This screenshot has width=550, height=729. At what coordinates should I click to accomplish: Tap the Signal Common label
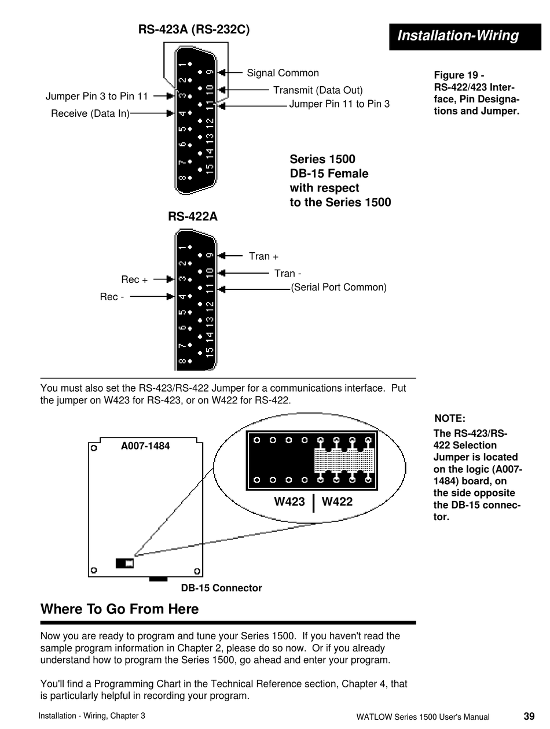pos(283,73)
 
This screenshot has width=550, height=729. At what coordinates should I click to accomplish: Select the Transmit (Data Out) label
pos(318,90)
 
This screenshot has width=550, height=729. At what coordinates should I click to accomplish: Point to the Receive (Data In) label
pos(90,113)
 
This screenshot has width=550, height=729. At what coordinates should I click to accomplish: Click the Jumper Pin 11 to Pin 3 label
pos(339,104)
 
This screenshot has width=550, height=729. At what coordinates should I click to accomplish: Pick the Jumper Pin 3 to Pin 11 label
pos(97,96)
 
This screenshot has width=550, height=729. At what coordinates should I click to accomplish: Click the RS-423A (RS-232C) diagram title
pos(194,30)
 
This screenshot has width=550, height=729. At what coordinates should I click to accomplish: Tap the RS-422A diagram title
pos(193,216)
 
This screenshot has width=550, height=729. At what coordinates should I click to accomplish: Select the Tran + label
pos(263,256)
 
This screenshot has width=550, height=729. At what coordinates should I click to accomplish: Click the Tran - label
pos(288,274)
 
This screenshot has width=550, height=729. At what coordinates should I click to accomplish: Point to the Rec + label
pos(134,280)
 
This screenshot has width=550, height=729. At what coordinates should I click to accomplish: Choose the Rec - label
pos(112,297)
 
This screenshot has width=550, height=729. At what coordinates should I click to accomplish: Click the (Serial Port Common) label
pos(339,288)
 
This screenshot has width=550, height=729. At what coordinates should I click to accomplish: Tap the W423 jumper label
pos(289,502)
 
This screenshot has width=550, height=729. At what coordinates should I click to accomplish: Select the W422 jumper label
pos(337,502)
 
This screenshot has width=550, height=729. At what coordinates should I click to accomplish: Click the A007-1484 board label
pos(145,446)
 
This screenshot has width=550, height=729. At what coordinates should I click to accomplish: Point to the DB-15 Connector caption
pos(221,588)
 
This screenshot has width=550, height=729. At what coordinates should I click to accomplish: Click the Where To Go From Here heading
pos(119,609)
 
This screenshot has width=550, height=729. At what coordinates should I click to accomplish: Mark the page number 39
pos(529,716)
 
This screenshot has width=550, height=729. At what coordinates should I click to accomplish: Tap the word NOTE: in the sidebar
pos(450,419)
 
